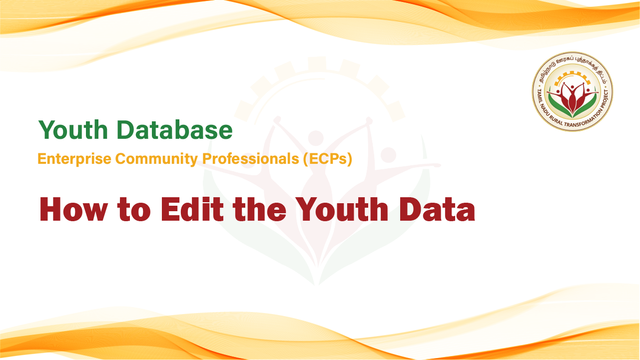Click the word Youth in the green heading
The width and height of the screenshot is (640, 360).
[x=73, y=130]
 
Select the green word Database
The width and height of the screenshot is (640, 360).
[x=174, y=130]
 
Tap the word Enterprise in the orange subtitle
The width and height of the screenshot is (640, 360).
[x=74, y=159]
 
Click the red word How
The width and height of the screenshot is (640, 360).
[x=73, y=209]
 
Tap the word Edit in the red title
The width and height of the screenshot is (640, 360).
[x=192, y=209]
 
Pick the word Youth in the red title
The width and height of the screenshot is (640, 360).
[x=342, y=209]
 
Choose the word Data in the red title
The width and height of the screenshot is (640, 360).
[x=437, y=209]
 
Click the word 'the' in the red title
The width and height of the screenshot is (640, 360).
[x=259, y=209]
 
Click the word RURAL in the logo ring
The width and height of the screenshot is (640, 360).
[x=556, y=121]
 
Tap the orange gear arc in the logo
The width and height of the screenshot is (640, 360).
[x=572, y=76]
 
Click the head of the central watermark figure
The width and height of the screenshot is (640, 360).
[x=316, y=138]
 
